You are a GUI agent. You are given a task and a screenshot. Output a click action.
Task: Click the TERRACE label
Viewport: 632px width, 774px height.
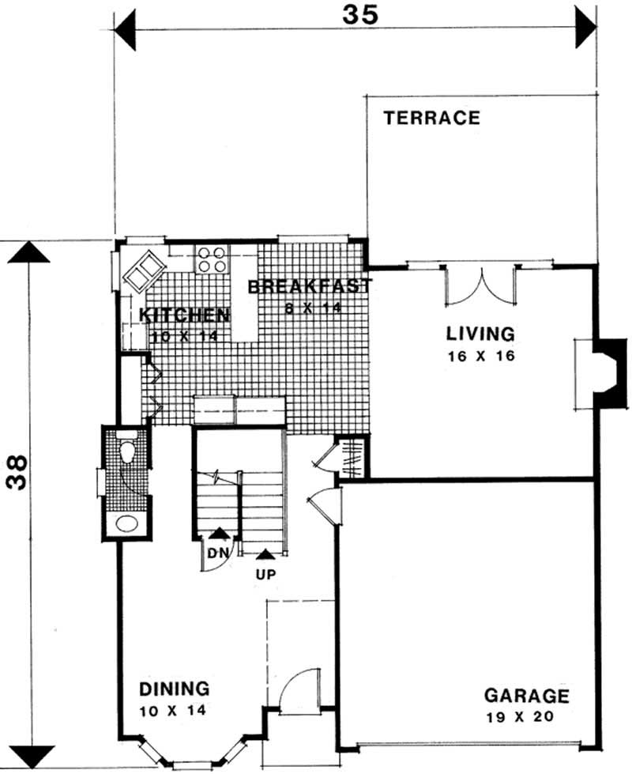[x=431, y=119]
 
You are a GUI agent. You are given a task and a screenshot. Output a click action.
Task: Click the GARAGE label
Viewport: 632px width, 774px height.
[x=526, y=697]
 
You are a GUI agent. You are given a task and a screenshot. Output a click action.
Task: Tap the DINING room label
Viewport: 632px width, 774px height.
[x=174, y=688]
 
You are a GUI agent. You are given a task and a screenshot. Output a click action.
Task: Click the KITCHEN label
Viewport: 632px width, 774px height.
[x=184, y=315]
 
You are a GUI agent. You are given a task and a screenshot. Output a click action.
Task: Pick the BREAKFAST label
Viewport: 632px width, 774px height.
[x=309, y=286]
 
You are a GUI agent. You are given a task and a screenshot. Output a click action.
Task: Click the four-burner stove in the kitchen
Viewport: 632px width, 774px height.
[x=212, y=259]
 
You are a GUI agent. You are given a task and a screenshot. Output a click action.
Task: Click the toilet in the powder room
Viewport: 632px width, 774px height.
[x=126, y=451]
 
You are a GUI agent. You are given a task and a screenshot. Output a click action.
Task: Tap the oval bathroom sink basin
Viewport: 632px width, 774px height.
[x=126, y=523]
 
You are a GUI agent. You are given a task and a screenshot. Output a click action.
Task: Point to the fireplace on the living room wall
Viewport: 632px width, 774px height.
[x=608, y=374]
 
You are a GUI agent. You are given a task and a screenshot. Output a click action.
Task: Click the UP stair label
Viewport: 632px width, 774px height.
[x=265, y=574]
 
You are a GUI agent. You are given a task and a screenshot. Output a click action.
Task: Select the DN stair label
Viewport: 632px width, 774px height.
[x=217, y=553]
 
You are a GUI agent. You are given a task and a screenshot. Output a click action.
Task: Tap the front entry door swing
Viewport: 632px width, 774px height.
[x=300, y=689]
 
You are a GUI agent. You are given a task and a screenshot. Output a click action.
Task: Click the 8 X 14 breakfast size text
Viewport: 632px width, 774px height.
[x=314, y=308]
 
